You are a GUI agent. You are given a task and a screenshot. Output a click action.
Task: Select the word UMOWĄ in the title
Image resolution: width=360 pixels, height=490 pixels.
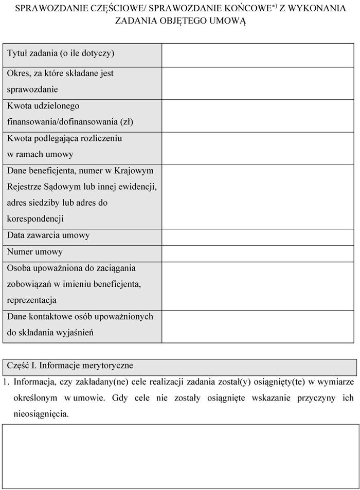tap(227, 21)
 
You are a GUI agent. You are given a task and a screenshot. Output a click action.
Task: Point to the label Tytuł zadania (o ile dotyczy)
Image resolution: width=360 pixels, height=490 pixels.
tap(61, 53)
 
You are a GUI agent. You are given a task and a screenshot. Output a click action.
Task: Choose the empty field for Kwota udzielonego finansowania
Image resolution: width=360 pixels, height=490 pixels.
tap(258, 115)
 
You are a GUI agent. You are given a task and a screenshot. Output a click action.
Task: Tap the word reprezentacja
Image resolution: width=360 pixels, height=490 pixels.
tap(32, 300)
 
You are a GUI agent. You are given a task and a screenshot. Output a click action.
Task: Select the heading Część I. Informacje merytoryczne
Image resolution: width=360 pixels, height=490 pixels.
tap(70, 366)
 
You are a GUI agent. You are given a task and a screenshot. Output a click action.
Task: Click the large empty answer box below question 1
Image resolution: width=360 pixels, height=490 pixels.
tap(180, 456)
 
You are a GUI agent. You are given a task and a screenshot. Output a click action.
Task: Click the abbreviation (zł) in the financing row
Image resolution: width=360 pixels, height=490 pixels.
tap(127, 122)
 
